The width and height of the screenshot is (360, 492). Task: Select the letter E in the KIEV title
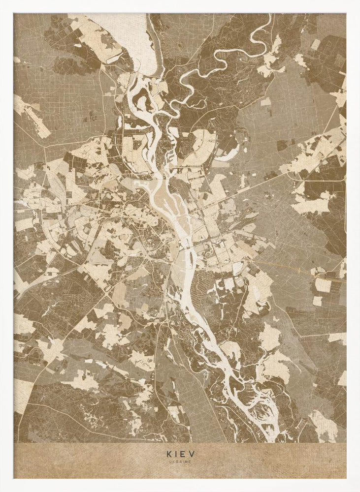184,455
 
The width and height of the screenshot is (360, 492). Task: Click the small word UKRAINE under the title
180,462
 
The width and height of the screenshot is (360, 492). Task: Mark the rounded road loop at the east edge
344,207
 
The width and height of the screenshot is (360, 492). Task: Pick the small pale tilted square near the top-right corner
315,44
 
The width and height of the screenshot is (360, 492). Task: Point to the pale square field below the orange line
323,285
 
